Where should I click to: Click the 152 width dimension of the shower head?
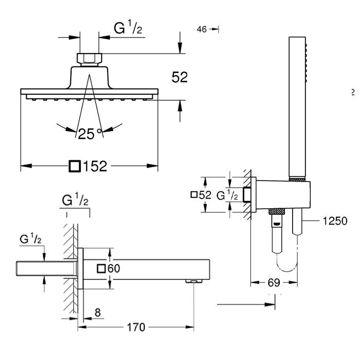(94, 166)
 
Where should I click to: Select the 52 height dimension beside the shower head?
(179, 77)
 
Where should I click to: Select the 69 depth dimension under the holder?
(275, 282)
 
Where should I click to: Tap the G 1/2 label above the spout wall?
(75, 200)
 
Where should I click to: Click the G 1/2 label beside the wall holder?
(227, 195)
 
